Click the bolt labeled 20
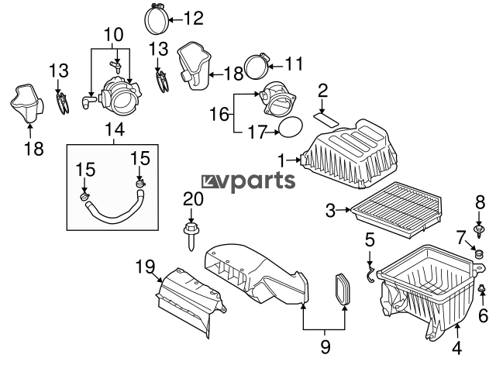pyautogui.click(x=190, y=236)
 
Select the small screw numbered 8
pyautogui.click(x=479, y=231)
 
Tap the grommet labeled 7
pyautogui.click(x=480, y=253)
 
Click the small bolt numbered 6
pyautogui.click(x=481, y=288)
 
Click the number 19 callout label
pyautogui.click(x=146, y=267)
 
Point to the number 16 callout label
pyautogui.click(x=219, y=114)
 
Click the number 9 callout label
pyautogui.click(x=325, y=346)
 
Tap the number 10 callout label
pyautogui.click(x=114, y=35)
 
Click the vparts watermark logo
pyautogui.click(x=249, y=182)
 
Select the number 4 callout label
pyautogui.click(x=456, y=349)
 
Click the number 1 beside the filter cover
pyautogui.click(x=281, y=160)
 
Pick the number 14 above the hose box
pyautogui.click(x=115, y=129)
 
